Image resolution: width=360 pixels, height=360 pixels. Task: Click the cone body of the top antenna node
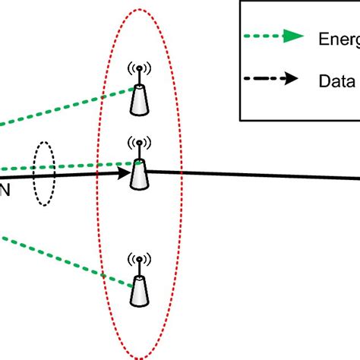pyautogui.click(x=139, y=101)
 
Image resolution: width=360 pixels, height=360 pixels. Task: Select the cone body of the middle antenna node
pyautogui.click(x=139, y=175)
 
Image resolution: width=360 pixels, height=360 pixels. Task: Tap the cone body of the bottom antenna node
pyautogui.click(x=139, y=292)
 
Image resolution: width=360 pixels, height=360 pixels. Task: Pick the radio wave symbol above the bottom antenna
pyautogui.click(x=138, y=260)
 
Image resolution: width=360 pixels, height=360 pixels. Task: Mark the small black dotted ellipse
pyautogui.click(x=43, y=172)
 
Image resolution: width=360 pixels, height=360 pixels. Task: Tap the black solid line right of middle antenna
pyautogui.click(x=251, y=175)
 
